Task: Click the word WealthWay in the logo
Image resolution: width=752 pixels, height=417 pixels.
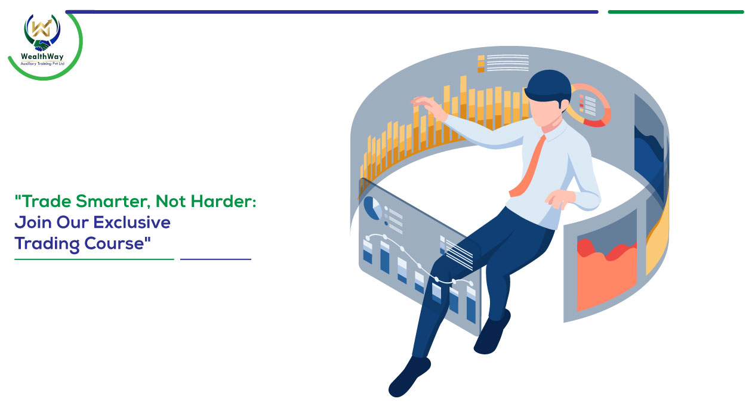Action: click(x=42, y=56)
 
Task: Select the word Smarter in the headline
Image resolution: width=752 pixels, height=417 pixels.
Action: click(x=113, y=201)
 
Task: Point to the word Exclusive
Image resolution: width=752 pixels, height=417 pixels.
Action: click(x=132, y=223)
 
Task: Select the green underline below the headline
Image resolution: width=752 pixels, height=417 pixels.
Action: click(x=94, y=260)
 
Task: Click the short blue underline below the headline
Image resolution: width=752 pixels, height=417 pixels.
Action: click(x=216, y=260)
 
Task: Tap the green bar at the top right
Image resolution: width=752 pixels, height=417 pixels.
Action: click(x=676, y=12)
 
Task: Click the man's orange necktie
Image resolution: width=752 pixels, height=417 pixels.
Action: click(x=528, y=166)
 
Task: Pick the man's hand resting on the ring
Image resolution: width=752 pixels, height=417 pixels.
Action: click(x=560, y=199)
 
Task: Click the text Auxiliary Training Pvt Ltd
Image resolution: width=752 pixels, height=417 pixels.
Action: click(x=42, y=64)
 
